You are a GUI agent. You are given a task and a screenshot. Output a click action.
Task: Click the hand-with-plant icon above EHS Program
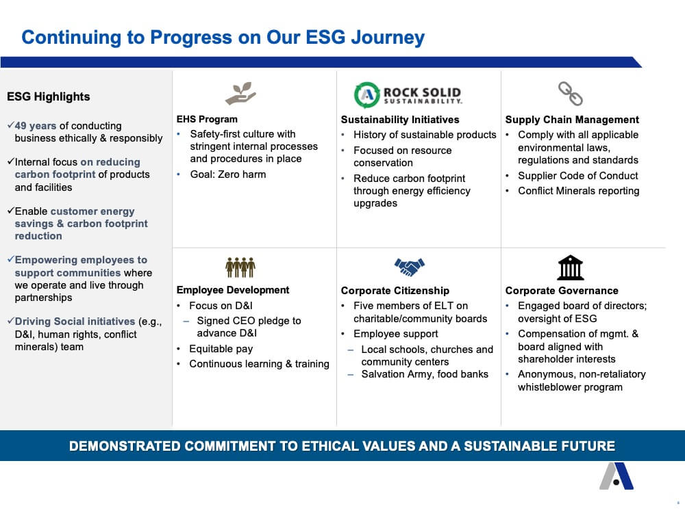(240, 93)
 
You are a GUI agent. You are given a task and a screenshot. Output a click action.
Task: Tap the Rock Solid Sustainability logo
(408, 94)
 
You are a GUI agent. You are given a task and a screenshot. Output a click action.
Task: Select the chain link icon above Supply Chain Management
(571, 93)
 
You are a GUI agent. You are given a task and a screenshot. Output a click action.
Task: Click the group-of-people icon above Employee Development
(240, 267)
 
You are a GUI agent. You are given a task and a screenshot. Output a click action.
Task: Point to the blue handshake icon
(410, 267)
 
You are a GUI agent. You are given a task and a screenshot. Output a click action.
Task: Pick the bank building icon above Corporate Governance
(571, 267)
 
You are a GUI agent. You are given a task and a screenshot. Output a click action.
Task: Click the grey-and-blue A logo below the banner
(616, 475)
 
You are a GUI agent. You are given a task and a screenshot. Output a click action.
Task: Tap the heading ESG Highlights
(49, 96)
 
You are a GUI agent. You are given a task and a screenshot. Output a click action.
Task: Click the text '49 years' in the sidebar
(36, 126)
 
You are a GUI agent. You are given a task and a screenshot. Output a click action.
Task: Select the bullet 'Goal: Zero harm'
(227, 174)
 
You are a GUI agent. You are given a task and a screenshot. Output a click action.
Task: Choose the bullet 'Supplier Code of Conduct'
(577, 176)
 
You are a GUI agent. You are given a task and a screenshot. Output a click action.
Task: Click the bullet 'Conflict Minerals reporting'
(578, 191)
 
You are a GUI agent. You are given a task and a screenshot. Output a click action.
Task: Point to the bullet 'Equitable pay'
(221, 349)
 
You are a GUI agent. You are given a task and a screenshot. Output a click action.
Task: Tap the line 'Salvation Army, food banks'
(425, 374)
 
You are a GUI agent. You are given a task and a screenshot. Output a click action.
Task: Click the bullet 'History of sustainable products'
(425, 135)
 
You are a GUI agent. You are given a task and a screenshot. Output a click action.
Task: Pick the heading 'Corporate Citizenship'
(395, 291)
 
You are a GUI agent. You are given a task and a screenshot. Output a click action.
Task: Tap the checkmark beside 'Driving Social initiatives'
(11, 321)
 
